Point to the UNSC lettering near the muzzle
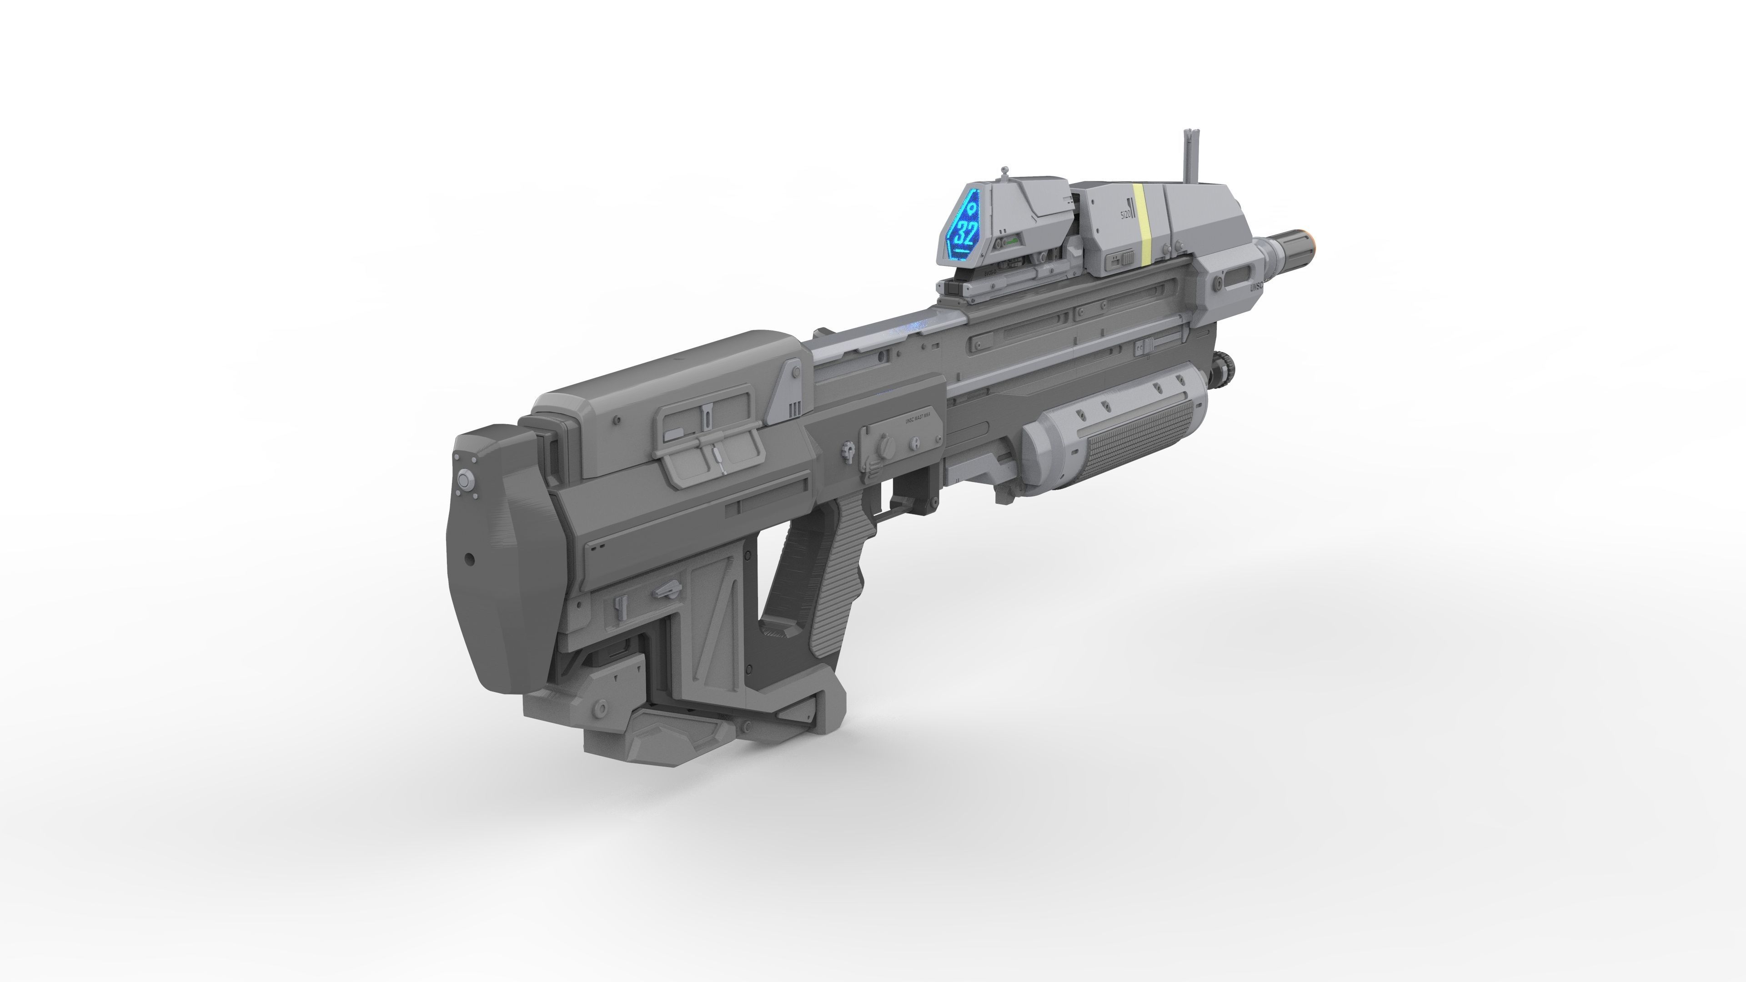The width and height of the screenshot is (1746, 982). [x=1255, y=287]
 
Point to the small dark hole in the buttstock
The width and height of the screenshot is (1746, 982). [x=469, y=560]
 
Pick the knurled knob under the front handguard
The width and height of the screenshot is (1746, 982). [x=1225, y=366]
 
